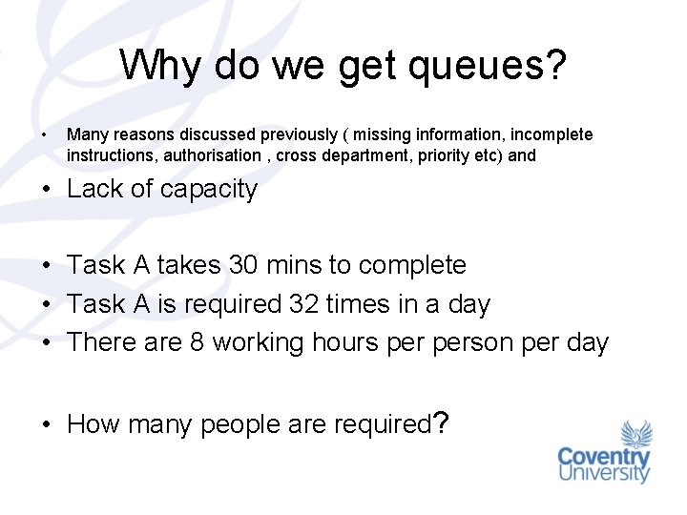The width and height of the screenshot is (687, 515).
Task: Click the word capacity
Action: [x=208, y=189]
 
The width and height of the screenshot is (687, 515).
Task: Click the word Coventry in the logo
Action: [x=604, y=456]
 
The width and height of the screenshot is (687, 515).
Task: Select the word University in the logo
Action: [x=604, y=473]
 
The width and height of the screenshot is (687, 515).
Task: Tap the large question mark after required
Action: [x=440, y=422]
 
